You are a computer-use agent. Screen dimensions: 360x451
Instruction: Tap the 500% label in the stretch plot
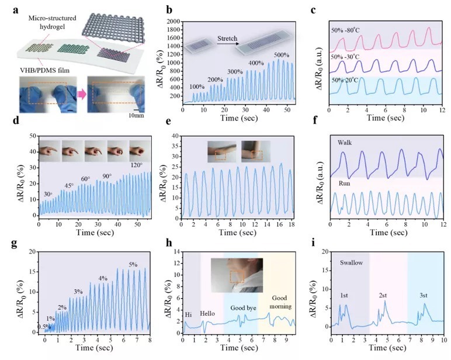(x=283, y=55)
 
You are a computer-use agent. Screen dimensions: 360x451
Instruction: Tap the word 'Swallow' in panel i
(x=352, y=263)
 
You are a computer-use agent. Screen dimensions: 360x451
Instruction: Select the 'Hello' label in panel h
(x=209, y=313)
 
